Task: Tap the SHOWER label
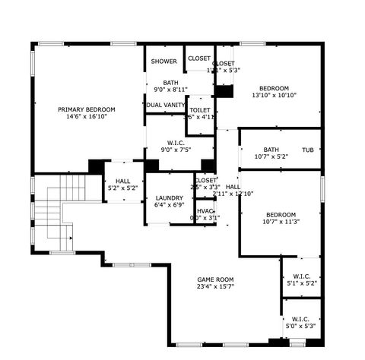pyautogui.click(x=163, y=62)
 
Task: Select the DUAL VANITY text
pyautogui.click(x=166, y=105)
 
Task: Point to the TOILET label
pyautogui.click(x=200, y=110)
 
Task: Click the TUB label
pyautogui.click(x=308, y=150)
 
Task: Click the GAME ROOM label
pyautogui.click(x=215, y=279)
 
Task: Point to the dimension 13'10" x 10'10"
pyautogui.click(x=274, y=95)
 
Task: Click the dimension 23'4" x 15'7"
pyautogui.click(x=215, y=286)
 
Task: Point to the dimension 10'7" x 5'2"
pyautogui.click(x=271, y=156)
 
